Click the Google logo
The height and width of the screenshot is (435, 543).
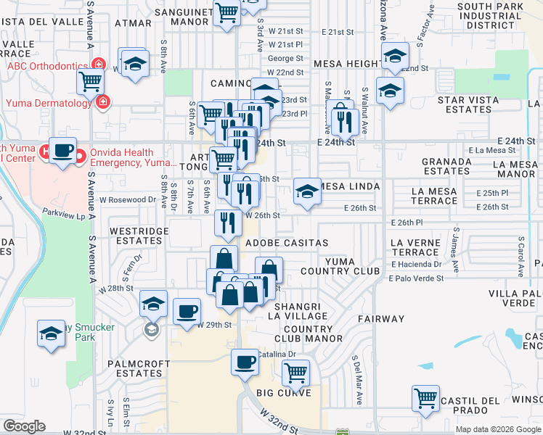pyautogui.click(x=24, y=426)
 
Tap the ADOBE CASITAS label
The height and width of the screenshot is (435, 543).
pyautogui.click(x=287, y=243)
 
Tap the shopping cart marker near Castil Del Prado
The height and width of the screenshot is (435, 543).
pyautogui.click(x=425, y=397)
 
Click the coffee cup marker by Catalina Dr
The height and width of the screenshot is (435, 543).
pyautogui.click(x=245, y=361)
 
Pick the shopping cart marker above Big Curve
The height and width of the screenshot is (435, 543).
pyautogui.click(x=295, y=372)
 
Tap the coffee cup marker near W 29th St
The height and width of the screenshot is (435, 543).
pyautogui.click(x=187, y=311)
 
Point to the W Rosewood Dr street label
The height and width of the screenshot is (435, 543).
pyautogui.click(x=128, y=199)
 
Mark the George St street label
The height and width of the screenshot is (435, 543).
pyautogui.click(x=285, y=59)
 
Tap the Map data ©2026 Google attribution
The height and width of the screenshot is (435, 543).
pyautogui.click(x=497, y=429)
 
